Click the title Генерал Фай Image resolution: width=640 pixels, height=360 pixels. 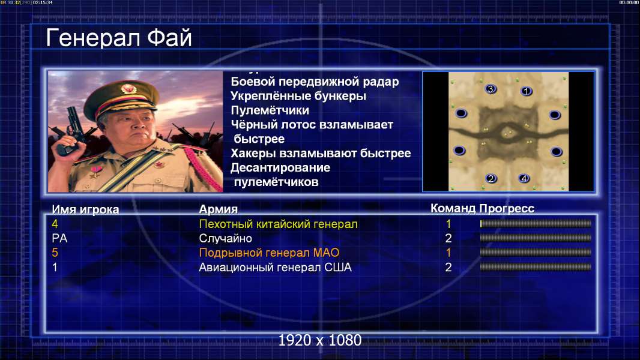click(x=119, y=38)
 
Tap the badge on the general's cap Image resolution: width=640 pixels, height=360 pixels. click(x=128, y=89)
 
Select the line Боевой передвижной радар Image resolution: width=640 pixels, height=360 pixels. click(x=315, y=82)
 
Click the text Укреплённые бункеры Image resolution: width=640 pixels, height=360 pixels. click(x=298, y=96)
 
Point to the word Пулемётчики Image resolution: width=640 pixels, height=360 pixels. click(x=270, y=110)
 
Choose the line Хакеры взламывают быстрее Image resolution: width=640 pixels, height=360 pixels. click(x=321, y=153)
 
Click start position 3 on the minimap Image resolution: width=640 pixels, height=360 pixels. click(x=491, y=89)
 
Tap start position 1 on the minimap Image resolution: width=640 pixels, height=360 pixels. click(x=526, y=91)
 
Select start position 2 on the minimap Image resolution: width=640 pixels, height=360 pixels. click(x=491, y=178)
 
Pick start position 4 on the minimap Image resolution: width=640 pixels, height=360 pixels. click(x=524, y=178)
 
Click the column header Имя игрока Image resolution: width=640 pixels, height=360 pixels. click(x=85, y=209)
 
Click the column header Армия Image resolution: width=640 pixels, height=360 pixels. click(x=219, y=209)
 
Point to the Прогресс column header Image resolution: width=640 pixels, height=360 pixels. click(x=507, y=209)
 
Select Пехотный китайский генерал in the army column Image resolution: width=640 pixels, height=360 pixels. click(x=279, y=224)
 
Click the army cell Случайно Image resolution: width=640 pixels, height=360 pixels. click(x=225, y=239)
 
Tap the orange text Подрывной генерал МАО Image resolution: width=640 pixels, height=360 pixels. click(x=269, y=253)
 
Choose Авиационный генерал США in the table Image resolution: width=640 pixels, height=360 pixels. click(x=275, y=268)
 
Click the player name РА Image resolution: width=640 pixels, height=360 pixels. click(x=59, y=239)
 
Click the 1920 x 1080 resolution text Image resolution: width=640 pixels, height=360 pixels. click(x=320, y=340)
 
